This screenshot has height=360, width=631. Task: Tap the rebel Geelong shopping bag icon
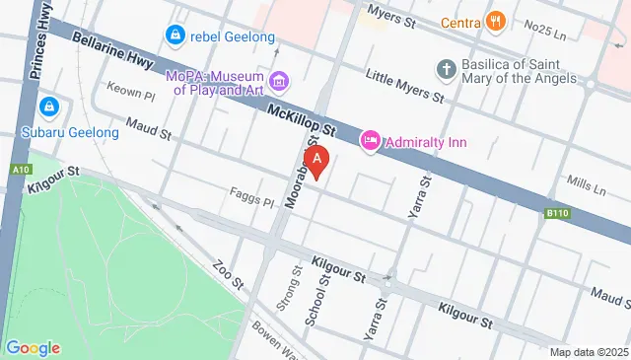click(175, 36)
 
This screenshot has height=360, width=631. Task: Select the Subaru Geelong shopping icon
click(47, 106)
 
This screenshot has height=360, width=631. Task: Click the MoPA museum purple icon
click(279, 80)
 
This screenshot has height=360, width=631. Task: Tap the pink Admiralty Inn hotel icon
click(371, 142)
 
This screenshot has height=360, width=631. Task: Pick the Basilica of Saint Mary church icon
click(446, 70)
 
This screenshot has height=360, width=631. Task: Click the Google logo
click(33, 348)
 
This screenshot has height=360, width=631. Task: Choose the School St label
click(316, 301)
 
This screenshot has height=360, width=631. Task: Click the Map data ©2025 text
click(589, 352)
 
